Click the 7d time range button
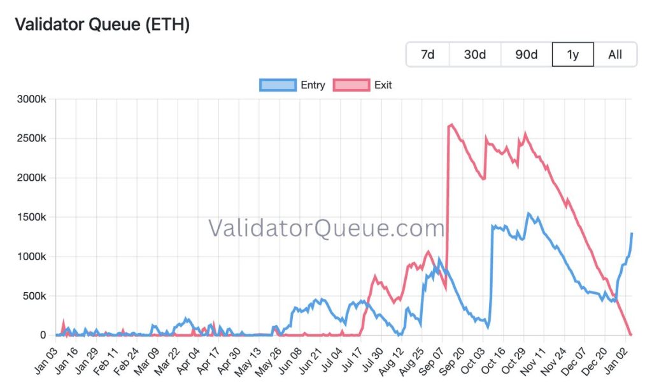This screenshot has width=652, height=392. pos(428,55)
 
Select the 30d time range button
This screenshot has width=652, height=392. pos(475,55)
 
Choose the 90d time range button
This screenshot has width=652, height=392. pos(526,55)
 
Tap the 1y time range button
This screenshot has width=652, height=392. pos(572,55)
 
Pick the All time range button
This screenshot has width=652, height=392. pos(615,55)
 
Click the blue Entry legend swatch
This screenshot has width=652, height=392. pos(278,85)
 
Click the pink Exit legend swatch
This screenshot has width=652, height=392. pos(351,85)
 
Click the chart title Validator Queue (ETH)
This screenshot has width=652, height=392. pos(102,25)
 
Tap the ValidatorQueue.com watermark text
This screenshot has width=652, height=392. pos(326,228)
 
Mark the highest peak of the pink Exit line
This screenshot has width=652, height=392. pos(451,125)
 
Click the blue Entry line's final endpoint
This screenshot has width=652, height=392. pos(632,234)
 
